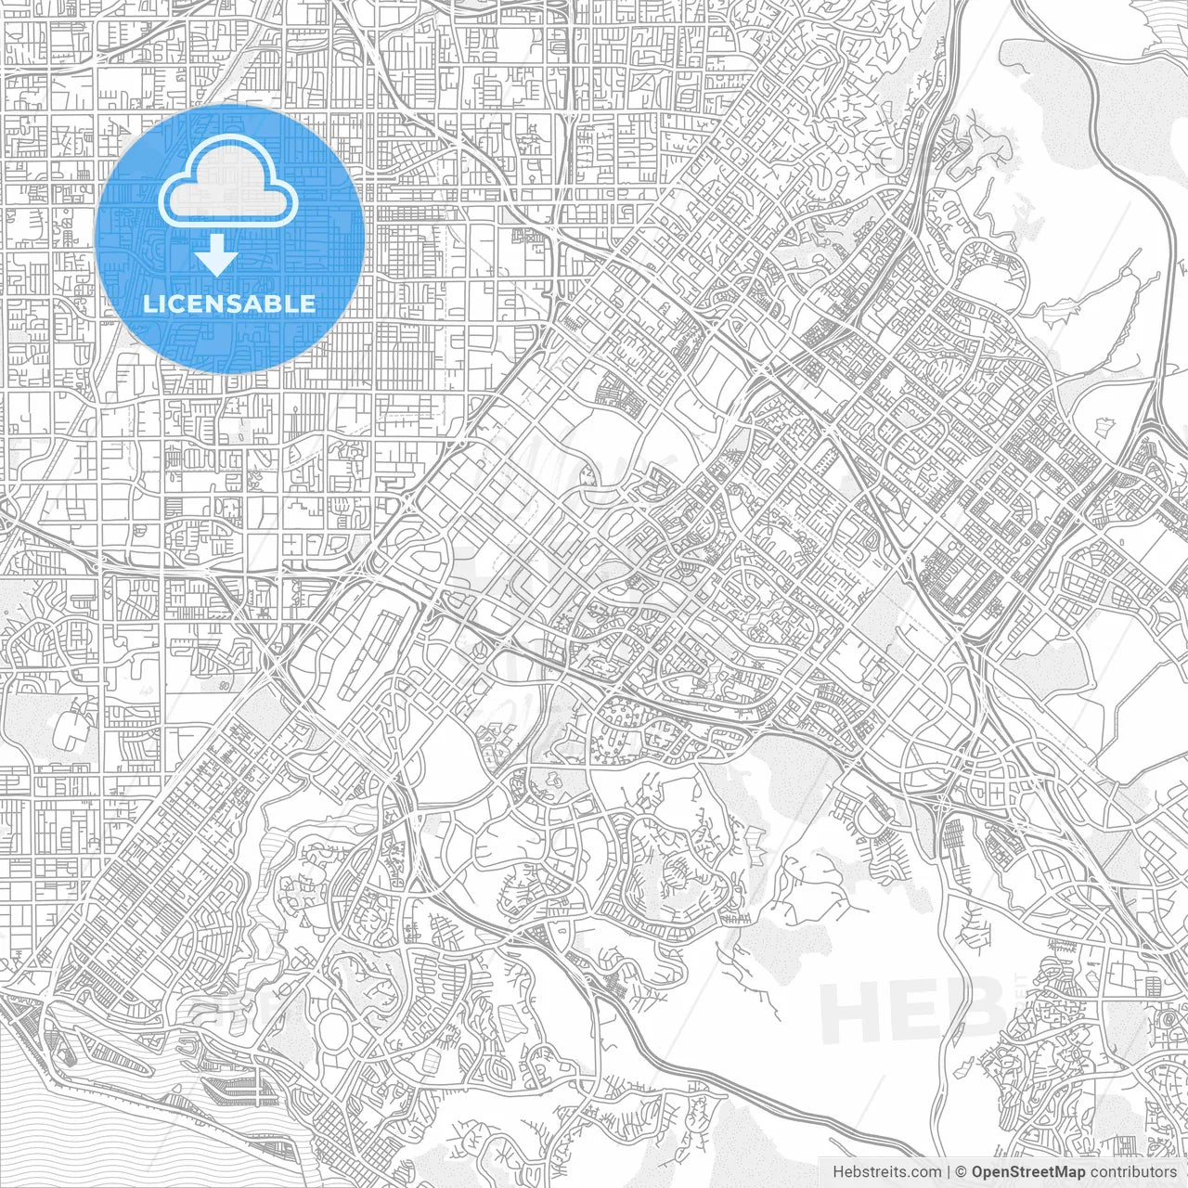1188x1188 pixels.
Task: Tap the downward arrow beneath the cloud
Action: (217, 254)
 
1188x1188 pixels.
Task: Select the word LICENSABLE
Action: (228, 303)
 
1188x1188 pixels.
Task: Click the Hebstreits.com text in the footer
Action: (886, 1172)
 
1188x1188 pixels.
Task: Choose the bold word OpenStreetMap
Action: (1028, 1172)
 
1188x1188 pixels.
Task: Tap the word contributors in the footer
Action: (1133, 1172)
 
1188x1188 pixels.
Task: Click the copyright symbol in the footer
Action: (962, 1172)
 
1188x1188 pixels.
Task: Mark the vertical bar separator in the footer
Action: (949, 1172)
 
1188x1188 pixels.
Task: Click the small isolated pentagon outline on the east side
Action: (1104, 428)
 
